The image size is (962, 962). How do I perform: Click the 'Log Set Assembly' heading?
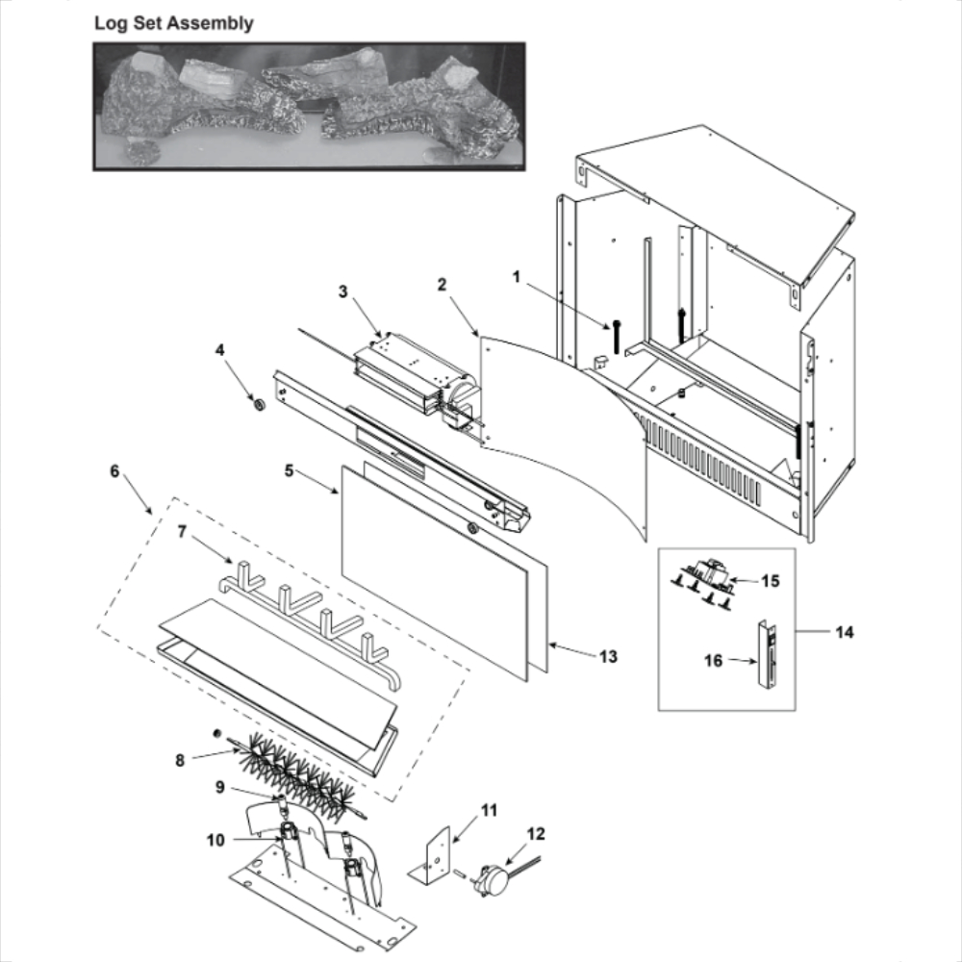tap(174, 23)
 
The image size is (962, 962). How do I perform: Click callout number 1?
tap(517, 277)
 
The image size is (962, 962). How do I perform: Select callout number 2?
tap(442, 284)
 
